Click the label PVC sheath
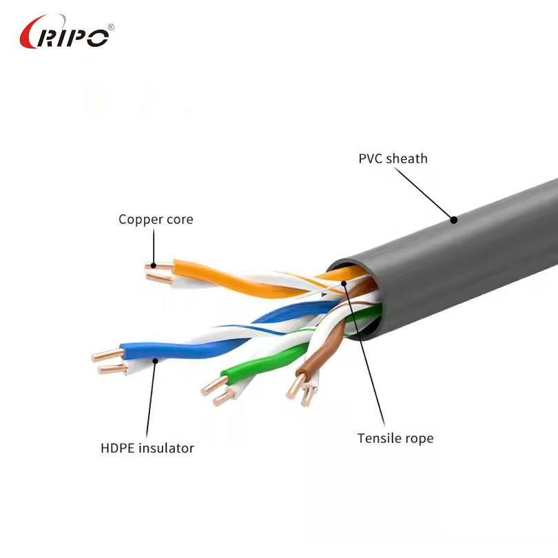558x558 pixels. (x=393, y=158)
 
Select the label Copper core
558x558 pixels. (x=156, y=220)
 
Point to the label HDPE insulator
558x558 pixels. (x=147, y=448)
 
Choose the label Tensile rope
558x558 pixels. (x=395, y=438)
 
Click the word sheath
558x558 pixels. (x=406, y=158)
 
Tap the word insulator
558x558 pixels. (x=166, y=448)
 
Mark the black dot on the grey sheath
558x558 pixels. (x=454, y=220)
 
